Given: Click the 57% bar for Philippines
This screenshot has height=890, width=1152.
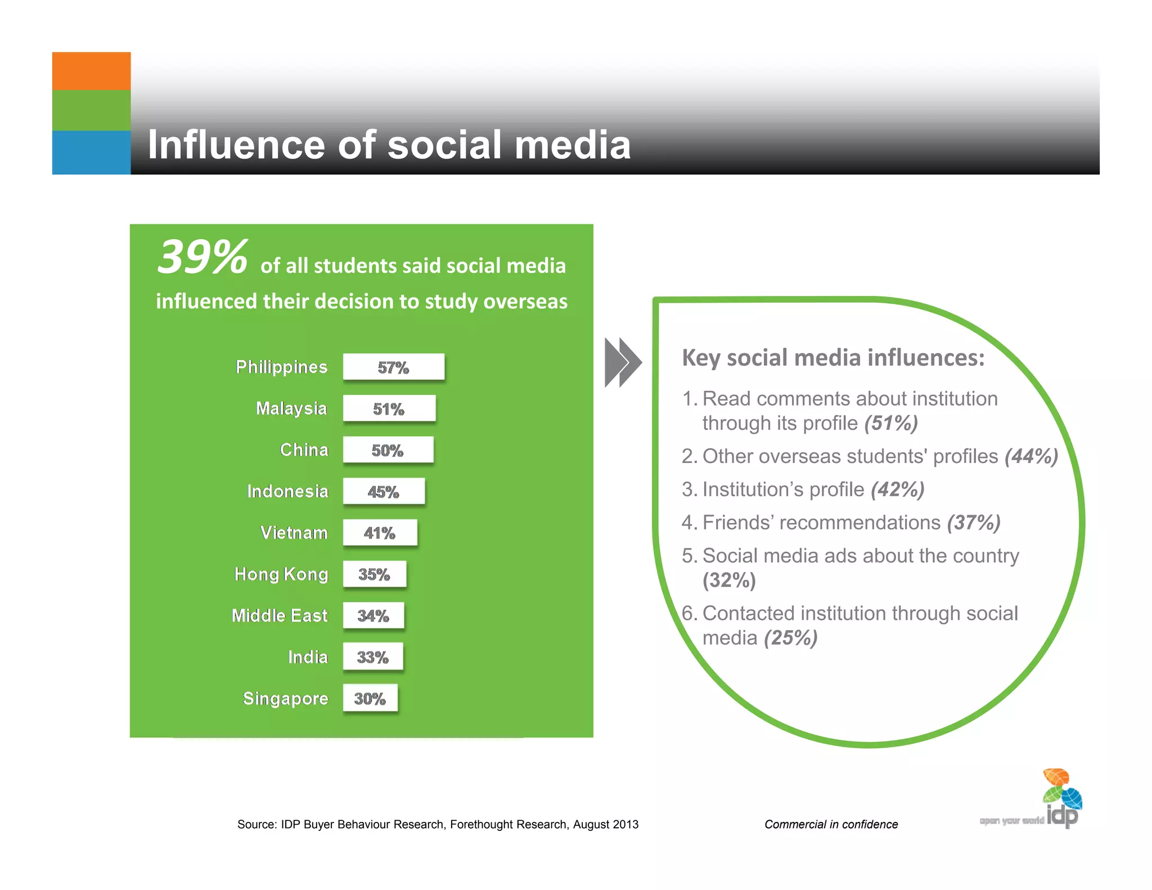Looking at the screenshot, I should (394, 367).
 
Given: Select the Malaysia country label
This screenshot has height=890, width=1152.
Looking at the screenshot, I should (291, 408).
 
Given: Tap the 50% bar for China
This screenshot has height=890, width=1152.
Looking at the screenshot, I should (388, 450).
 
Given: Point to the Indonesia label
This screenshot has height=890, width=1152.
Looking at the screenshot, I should (287, 491).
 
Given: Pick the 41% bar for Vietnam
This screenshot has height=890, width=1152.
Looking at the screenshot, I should (380, 533).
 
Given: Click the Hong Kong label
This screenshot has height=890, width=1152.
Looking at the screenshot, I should (281, 574).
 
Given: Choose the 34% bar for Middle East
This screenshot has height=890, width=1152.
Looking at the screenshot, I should (373, 615).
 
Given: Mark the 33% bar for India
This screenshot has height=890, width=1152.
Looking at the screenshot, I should (373, 657).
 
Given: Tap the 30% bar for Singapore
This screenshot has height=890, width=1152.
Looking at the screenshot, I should (370, 698).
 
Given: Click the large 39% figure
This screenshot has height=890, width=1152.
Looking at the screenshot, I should (202, 258).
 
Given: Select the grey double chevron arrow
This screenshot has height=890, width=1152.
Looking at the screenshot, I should (623, 362).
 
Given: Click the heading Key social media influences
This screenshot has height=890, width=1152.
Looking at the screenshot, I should (833, 358).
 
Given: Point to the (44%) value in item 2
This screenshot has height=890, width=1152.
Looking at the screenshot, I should (1032, 456).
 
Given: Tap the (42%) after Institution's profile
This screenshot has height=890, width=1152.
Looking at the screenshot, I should (897, 489).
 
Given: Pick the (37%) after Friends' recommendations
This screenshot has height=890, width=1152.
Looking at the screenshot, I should (974, 523).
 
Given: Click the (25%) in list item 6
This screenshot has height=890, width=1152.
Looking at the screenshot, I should (790, 638).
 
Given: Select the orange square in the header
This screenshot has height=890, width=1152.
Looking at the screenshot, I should (91, 71).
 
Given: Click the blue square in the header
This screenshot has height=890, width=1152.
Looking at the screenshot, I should (91, 152).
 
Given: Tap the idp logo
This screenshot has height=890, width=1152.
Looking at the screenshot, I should (1062, 799).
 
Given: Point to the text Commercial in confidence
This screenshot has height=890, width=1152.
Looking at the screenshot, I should (831, 824).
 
